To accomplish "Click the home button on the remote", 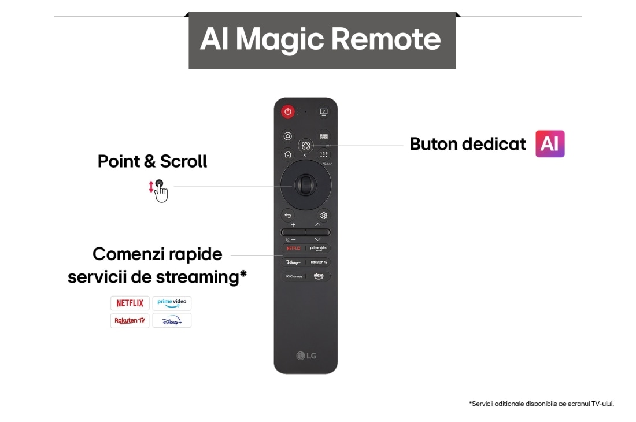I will click(288, 154).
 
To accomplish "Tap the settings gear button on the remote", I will click(323, 216).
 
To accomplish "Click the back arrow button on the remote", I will click(288, 216).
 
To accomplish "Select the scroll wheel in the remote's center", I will click(305, 185).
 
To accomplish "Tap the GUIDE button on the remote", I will click(323, 136).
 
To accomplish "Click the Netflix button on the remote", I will click(294, 248).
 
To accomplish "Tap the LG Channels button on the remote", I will click(294, 276).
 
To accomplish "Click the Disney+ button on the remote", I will click(294, 262).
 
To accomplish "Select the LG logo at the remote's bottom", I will click(306, 355).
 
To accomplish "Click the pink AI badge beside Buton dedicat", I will click(550, 144).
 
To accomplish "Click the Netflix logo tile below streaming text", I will click(130, 303).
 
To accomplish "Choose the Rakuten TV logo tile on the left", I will click(130, 320).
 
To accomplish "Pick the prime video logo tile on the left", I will click(172, 303).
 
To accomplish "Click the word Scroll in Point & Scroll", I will click(183, 161).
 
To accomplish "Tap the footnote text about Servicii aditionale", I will click(541, 404).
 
